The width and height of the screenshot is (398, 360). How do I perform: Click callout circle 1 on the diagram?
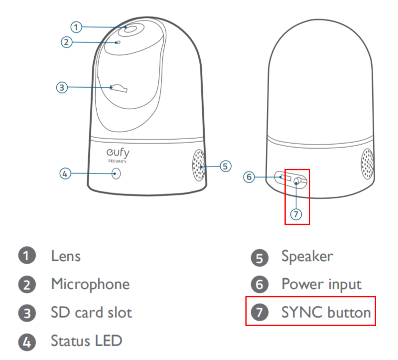(x=76, y=26)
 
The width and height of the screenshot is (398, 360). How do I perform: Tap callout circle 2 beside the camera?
(x=67, y=42)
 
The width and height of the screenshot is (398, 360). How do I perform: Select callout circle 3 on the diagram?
(x=62, y=87)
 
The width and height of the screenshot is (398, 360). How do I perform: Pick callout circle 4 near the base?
(x=66, y=174)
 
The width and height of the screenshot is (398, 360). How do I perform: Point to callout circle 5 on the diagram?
(x=226, y=166)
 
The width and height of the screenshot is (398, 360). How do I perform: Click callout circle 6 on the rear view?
(x=250, y=177)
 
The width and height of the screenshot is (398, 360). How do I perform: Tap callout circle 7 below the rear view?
(x=296, y=214)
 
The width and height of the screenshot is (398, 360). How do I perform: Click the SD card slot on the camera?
(x=119, y=88)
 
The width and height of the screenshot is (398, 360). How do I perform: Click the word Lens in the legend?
(x=65, y=256)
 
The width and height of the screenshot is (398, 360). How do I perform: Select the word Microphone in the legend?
(x=90, y=284)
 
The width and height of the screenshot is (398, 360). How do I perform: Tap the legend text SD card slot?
(x=91, y=313)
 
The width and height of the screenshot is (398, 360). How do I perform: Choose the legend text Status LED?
(x=86, y=341)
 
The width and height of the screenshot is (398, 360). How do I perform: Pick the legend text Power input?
(x=321, y=284)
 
